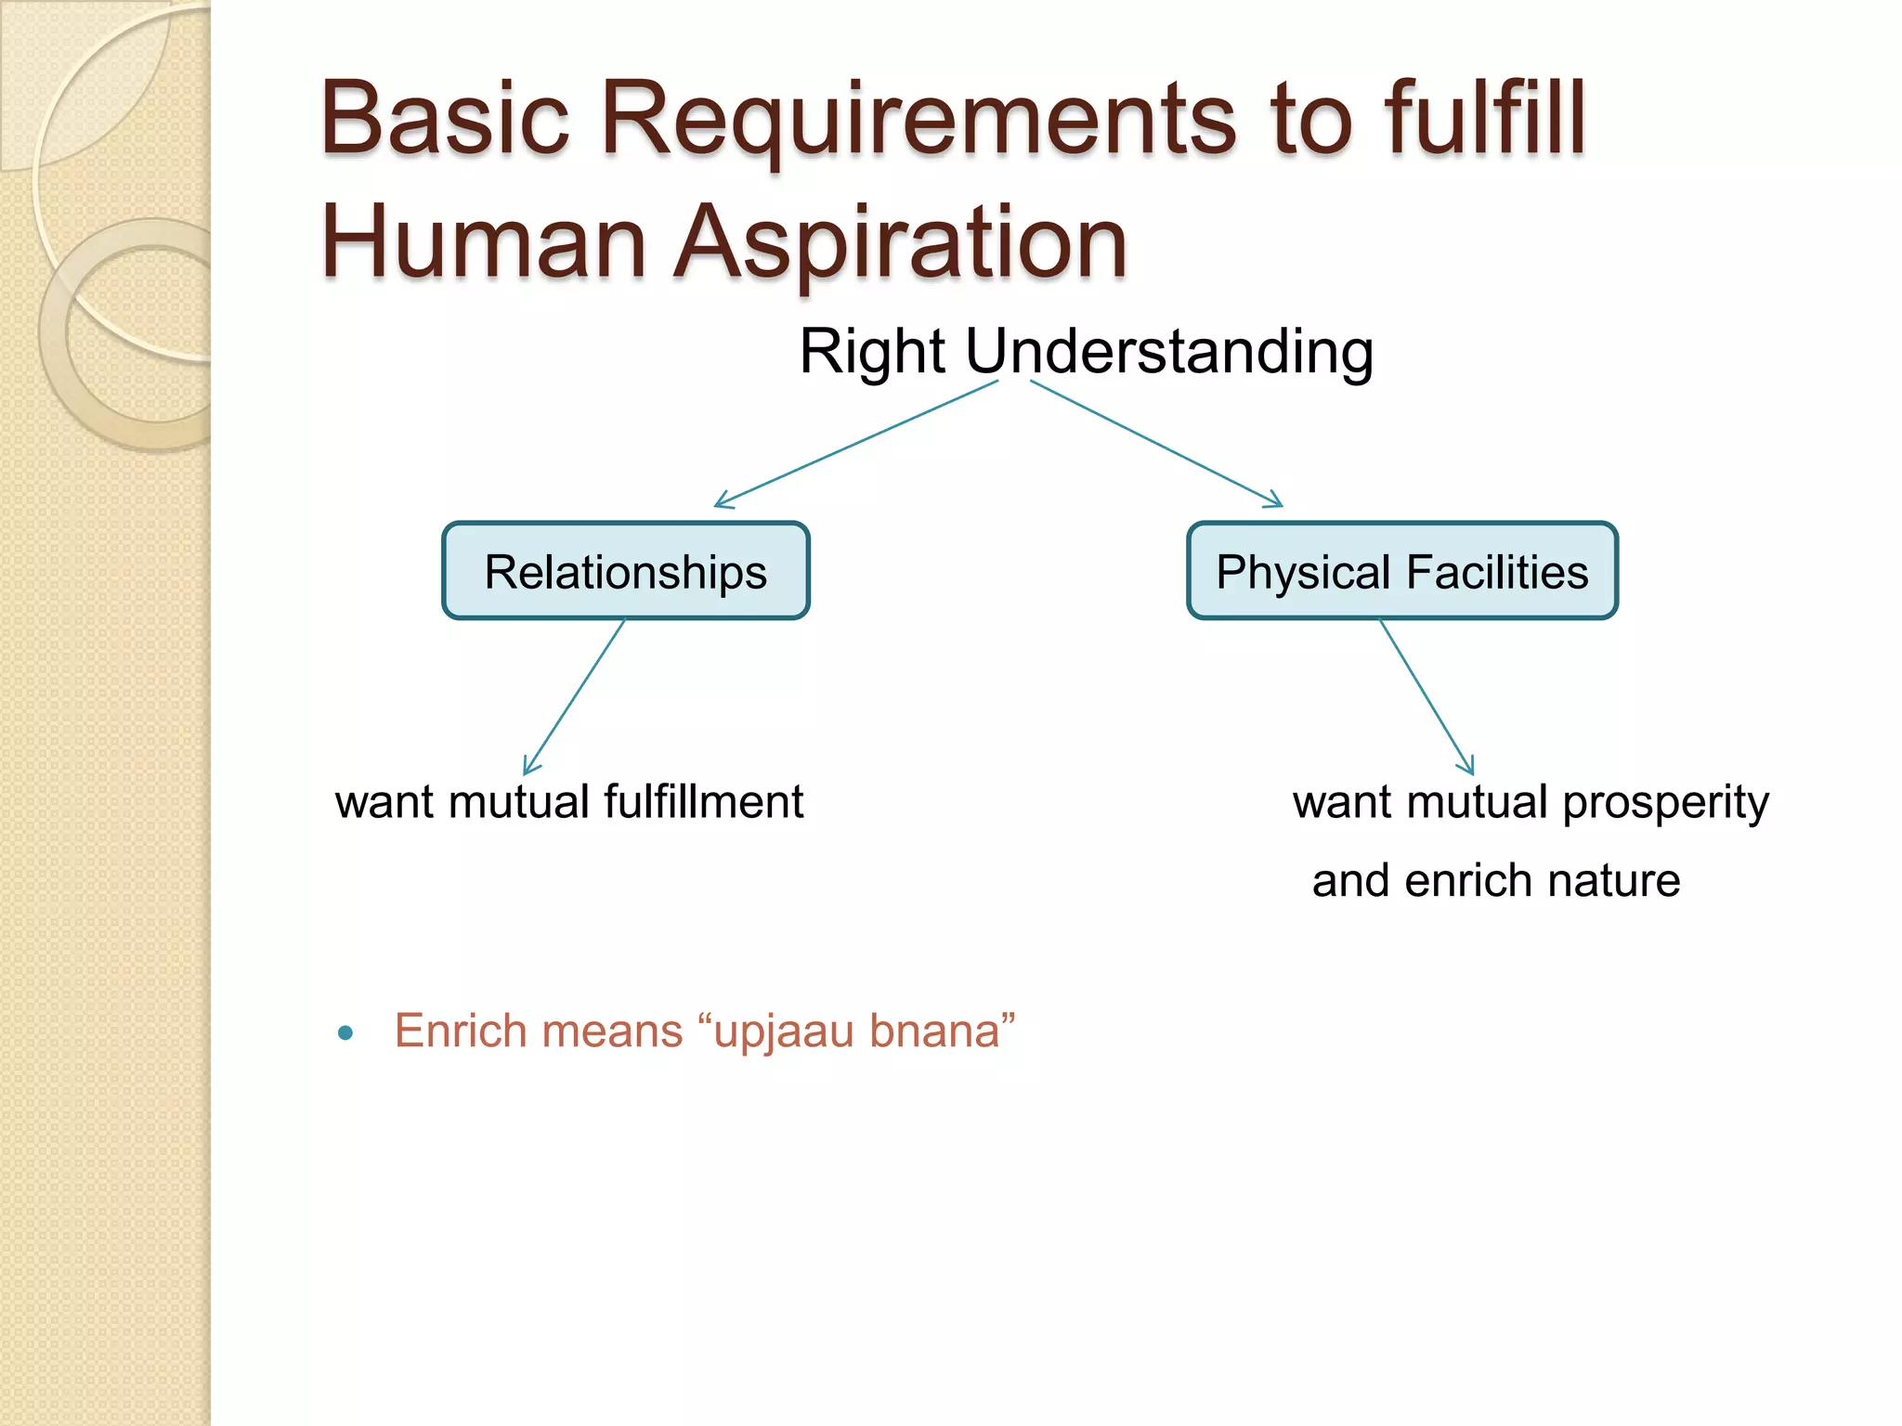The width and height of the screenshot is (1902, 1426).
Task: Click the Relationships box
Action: click(x=625, y=571)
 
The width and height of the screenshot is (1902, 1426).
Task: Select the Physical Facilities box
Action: click(x=1401, y=571)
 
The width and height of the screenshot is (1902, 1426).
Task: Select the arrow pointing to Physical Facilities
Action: click(x=1156, y=444)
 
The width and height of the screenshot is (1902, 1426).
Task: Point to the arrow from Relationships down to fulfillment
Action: click(x=574, y=696)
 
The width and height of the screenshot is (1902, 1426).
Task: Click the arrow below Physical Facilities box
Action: click(x=1426, y=696)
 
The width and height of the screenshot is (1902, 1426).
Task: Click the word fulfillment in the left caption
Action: click(x=703, y=802)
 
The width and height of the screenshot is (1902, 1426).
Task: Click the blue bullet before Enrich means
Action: click(x=346, y=1032)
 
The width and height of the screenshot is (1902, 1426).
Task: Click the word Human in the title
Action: click(x=483, y=243)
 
